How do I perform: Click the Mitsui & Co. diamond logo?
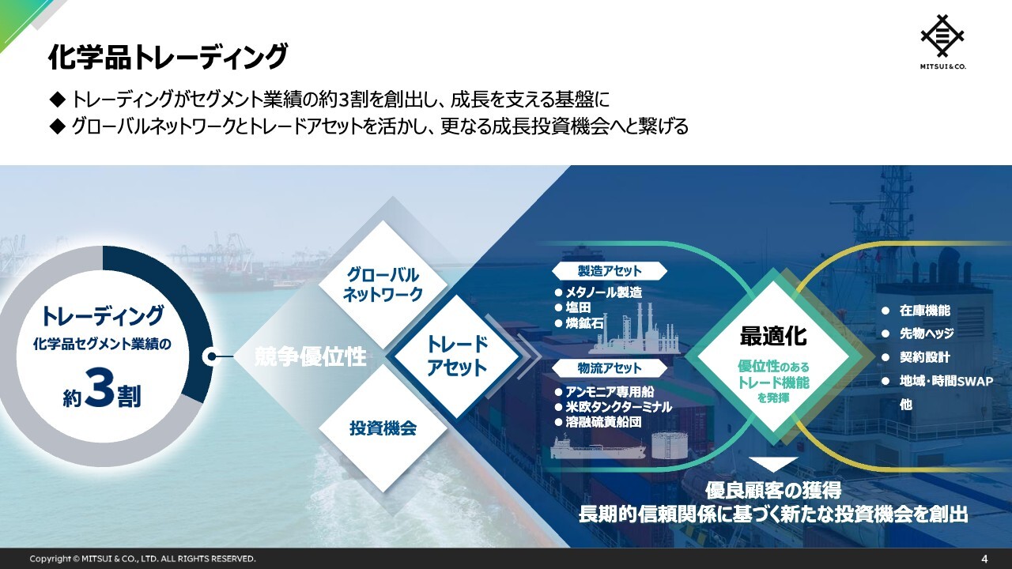tap(942, 36)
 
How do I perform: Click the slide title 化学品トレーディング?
tap(168, 58)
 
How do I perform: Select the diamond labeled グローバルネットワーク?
tap(383, 284)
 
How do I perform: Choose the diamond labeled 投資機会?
tap(383, 428)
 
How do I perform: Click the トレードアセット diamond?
tap(457, 356)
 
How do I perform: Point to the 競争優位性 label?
tap(311, 356)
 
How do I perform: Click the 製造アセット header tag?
tap(610, 271)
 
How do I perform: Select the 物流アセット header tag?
tap(610, 368)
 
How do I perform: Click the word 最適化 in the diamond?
tap(773, 336)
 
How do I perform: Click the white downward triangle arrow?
tap(773, 464)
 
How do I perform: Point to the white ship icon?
tap(599, 447)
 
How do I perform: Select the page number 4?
tap(985, 559)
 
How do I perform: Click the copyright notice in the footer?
tap(143, 559)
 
